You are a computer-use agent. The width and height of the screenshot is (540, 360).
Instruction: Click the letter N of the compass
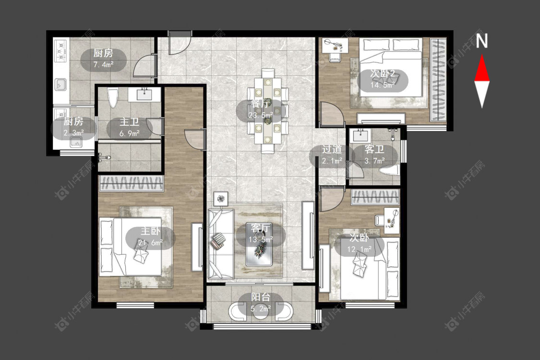pos(482,40)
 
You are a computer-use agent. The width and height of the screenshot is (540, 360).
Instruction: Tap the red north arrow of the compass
pos(482,69)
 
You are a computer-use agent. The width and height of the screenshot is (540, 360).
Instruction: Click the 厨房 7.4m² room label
pos(103,59)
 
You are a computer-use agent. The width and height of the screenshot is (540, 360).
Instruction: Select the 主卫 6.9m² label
pos(130,127)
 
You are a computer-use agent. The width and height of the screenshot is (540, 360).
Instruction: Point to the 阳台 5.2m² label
pos(260,302)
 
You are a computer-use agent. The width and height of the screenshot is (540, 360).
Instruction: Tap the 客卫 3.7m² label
pos(374,155)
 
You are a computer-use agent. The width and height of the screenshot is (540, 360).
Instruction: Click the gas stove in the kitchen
pos(61,51)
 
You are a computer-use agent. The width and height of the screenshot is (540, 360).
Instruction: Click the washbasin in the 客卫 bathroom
pos(360,135)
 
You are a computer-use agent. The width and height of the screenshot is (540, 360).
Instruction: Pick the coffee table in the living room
pos(259,244)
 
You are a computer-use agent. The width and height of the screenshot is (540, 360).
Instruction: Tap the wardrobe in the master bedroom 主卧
pos(131,183)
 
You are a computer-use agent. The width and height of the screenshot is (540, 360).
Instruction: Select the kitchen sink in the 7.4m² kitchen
pos(61,84)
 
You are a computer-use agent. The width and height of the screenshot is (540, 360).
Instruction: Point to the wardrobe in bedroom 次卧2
pos(438,80)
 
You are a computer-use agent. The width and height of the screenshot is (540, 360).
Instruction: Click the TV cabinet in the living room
pos(308,235)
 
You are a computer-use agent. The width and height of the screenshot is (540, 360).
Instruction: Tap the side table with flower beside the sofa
pos(221,199)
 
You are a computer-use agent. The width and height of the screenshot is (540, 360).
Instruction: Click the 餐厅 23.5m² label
pos(260,109)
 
